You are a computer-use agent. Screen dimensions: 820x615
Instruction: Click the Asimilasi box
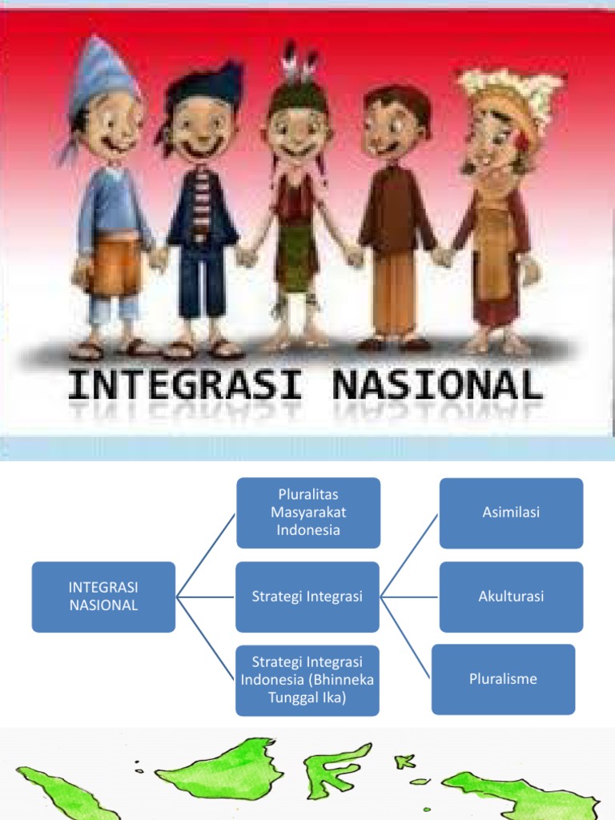pos(511,512)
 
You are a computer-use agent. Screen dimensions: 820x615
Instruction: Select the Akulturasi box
pos(511,597)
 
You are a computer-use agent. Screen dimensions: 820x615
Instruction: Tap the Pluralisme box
pos(503,679)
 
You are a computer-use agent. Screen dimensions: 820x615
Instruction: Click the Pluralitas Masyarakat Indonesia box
pos(307,512)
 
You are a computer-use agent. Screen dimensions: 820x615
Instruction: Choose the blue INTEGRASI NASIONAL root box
pos(103,597)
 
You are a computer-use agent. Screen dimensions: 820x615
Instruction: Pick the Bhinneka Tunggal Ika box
pos(307,680)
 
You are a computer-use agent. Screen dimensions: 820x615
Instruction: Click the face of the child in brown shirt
pos(394,128)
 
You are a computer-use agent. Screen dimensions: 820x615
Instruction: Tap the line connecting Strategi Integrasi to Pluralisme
pos(408,637)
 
